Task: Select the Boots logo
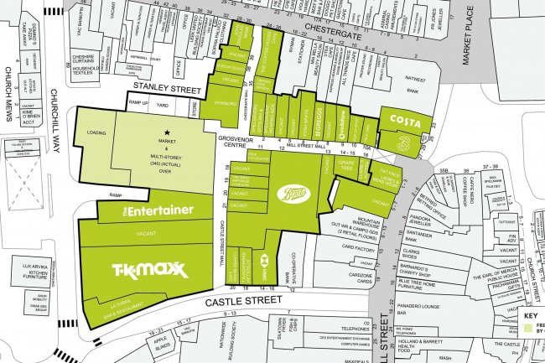pyautogui.click(x=294, y=194)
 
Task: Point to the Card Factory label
pyautogui.click(x=358, y=249)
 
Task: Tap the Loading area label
pyautogui.click(x=96, y=132)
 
